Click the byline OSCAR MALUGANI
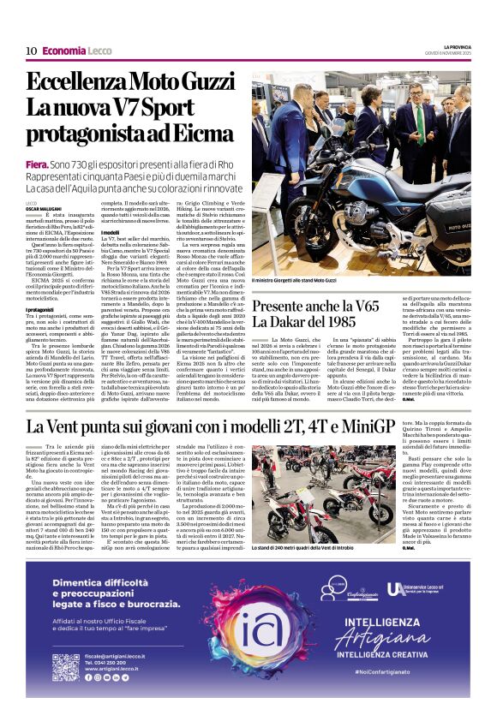click(x=44, y=209)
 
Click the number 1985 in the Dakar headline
click(x=340, y=321)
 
